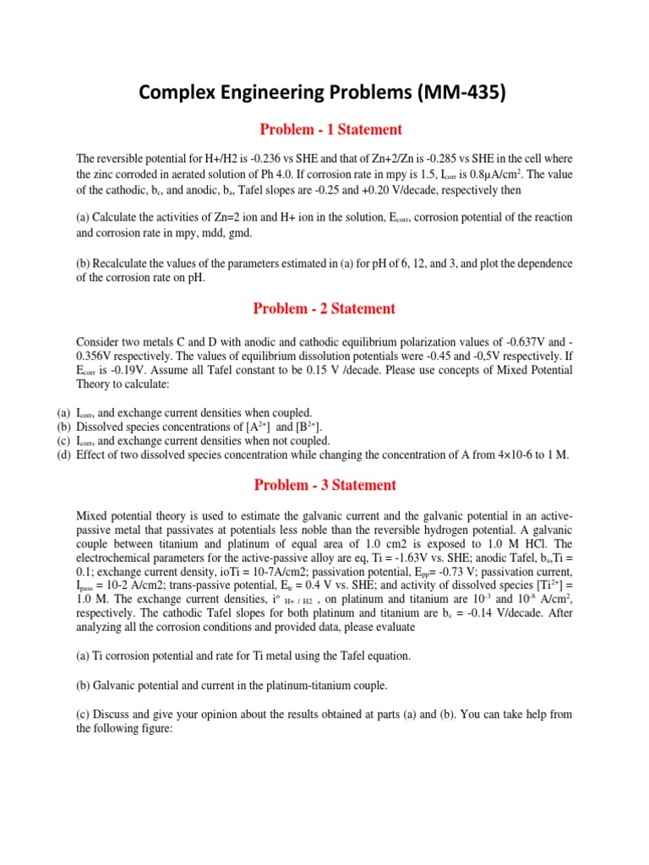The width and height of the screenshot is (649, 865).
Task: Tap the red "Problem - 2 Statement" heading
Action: click(x=324, y=308)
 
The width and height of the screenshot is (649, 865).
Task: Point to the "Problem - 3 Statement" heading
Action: click(x=324, y=485)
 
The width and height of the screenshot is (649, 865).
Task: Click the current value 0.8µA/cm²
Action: click(x=481, y=174)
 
